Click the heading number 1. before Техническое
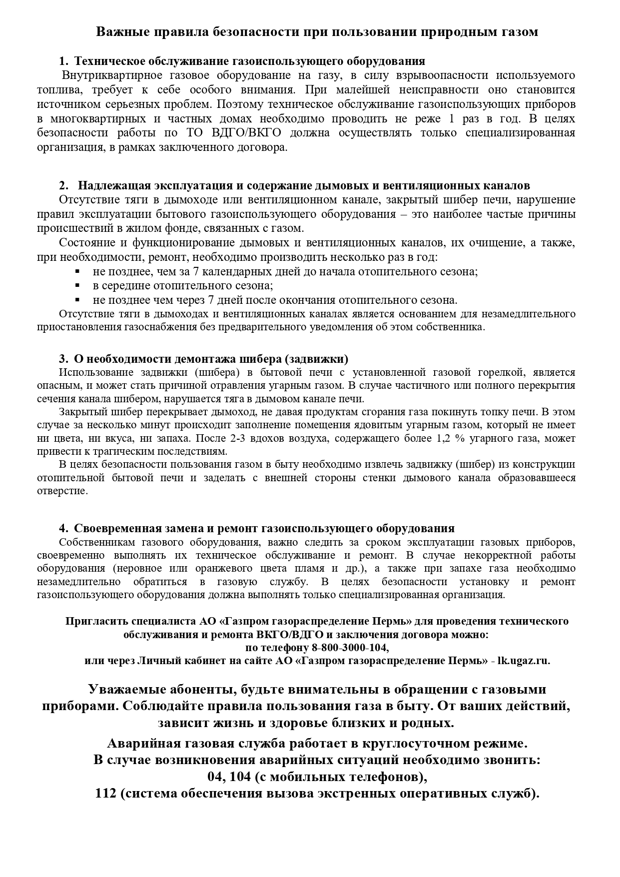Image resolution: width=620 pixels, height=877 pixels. [63, 61]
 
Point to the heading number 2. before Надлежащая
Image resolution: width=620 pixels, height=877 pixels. [63, 186]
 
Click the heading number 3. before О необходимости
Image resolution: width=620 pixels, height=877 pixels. [63, 359]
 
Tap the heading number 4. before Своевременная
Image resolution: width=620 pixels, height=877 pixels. [63, 529]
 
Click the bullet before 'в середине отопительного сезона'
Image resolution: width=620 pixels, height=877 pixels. [77, 285]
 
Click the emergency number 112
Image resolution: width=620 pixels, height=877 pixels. [105, 794]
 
